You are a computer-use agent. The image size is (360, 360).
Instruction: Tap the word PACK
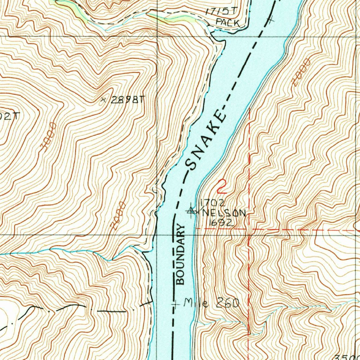[227, 23]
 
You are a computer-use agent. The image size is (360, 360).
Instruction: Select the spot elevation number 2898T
[127, 100]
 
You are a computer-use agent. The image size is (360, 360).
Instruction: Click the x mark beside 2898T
[103, 100]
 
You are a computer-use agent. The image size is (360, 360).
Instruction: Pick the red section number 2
[221, 187]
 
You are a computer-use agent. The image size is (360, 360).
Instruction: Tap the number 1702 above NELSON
[212, 202]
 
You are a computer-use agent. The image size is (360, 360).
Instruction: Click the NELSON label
[223, 213]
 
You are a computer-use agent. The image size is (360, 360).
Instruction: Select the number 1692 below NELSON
[221, 223]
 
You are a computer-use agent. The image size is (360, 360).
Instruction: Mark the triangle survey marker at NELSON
[191, 211]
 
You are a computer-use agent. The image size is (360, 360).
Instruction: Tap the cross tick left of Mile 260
[175, 303]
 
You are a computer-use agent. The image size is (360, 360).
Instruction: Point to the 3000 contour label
[49, 137]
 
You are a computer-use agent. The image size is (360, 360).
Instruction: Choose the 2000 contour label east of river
[302, 72]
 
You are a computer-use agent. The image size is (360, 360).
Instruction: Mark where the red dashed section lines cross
[249, 229]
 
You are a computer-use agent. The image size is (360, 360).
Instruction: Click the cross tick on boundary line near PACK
[270, 19]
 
